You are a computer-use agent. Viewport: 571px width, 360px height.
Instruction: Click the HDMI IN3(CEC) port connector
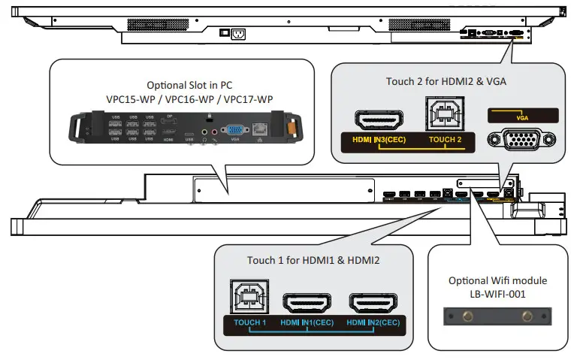tap(379, 121)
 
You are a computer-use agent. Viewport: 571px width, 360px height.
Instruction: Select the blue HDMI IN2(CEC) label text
tap(375, 323)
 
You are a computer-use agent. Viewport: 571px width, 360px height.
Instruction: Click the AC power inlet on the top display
tap(239, 34)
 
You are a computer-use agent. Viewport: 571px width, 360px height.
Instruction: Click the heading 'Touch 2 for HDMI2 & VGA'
tap(444, 81)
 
